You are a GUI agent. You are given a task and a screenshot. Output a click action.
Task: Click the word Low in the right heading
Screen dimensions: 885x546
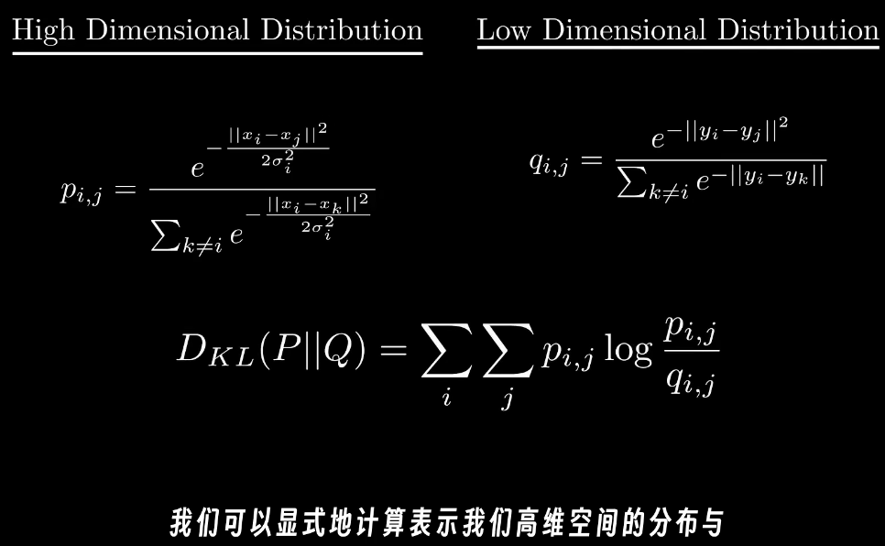coord(505,30)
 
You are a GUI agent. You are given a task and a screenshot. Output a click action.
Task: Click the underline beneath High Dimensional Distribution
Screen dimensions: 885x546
coord(217,53)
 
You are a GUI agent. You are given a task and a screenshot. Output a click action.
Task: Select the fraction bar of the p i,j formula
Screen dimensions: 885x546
coord(261,190)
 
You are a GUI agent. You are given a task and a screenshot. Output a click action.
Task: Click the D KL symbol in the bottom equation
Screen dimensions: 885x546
coord(210,352)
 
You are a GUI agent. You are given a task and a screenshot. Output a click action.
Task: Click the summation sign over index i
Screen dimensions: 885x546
coord(446,354)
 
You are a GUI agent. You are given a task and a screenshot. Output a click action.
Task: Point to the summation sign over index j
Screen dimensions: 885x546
coord(506,354)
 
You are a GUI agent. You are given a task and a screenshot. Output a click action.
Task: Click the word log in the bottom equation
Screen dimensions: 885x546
coord(629,351)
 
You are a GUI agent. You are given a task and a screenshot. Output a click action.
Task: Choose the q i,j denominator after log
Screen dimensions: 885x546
coord(692,377)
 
